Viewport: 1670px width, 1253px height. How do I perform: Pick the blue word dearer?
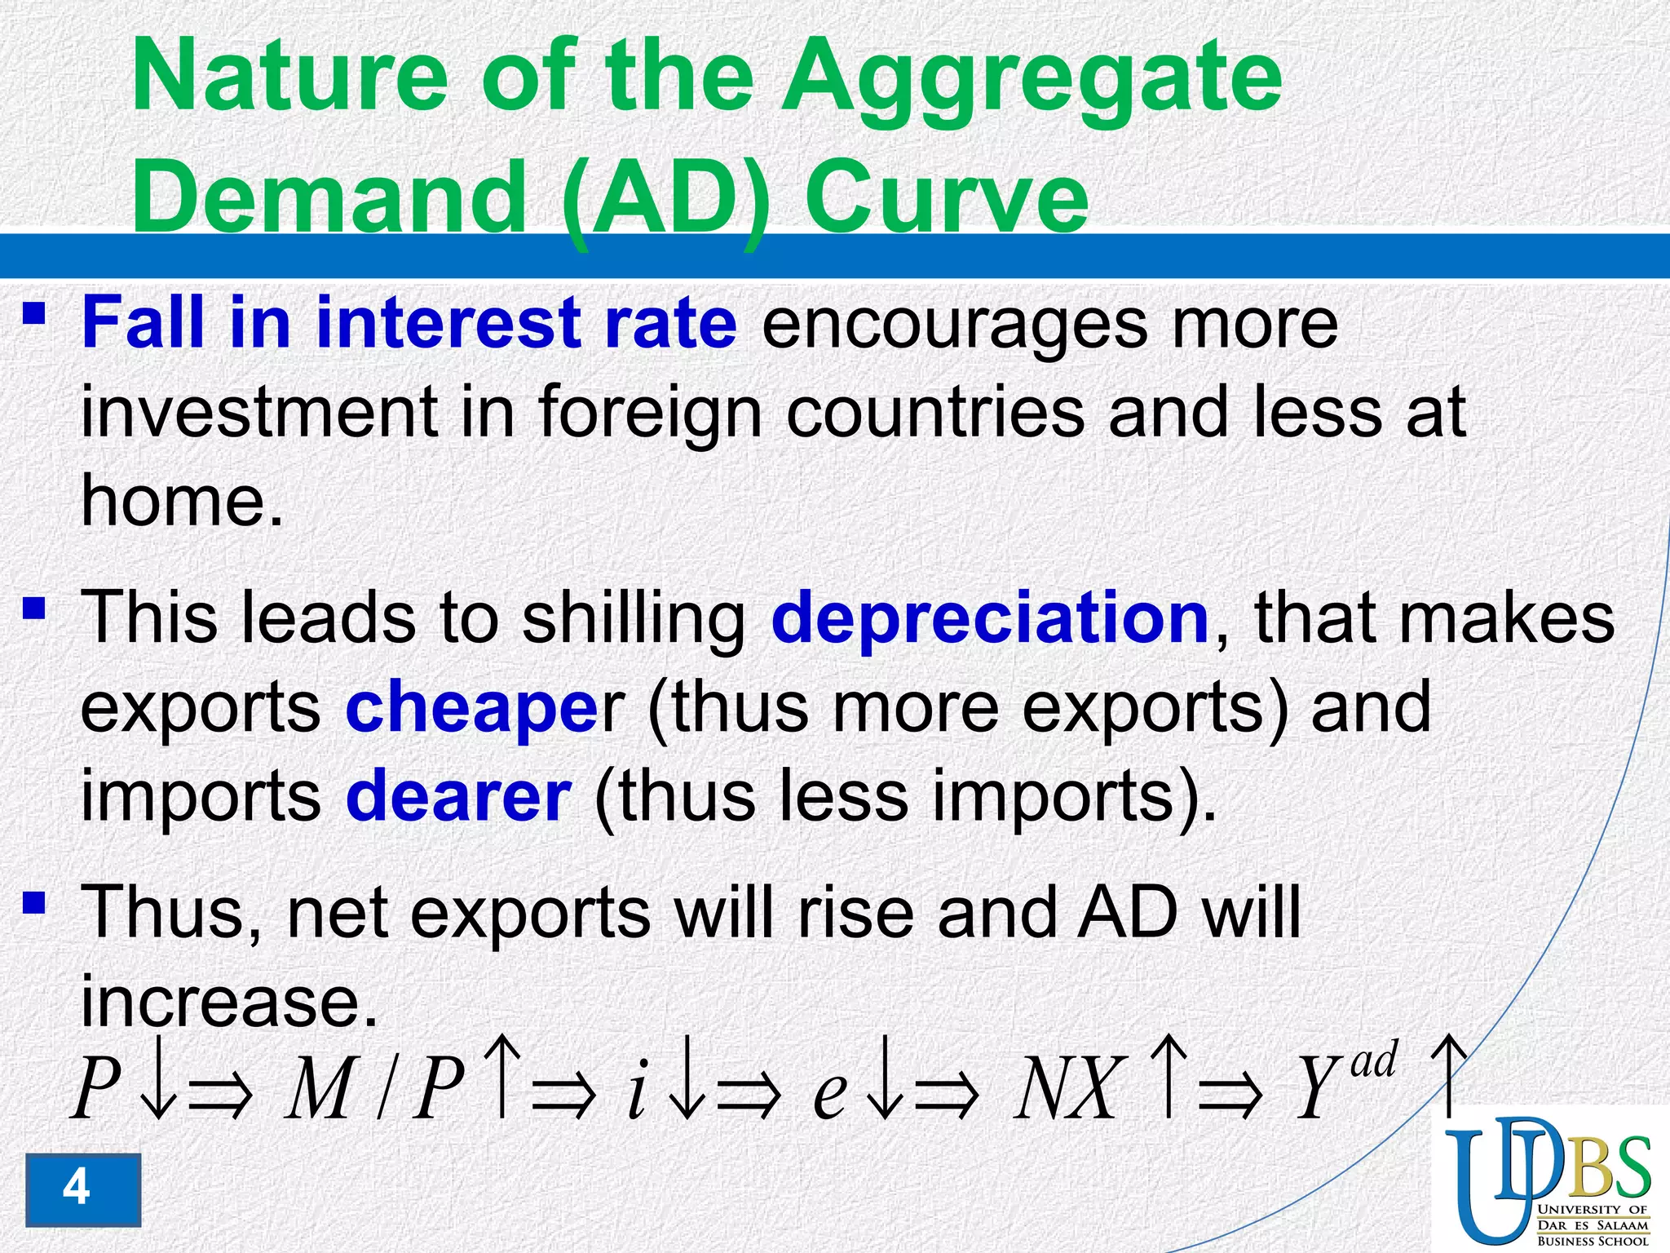pyautogui.click(x=458, y=795)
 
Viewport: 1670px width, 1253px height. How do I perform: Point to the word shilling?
pyautogui.click(x=634, y=618)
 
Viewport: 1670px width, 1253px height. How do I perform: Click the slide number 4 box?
pyautogui.click(x=82, y=1189)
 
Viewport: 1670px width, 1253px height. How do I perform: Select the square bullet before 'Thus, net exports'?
pyautogui.click(x=33, y=903)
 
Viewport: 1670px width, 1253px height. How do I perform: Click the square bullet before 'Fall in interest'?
pyautogui.click(x=33, y=313)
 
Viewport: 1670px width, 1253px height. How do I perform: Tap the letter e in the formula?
pyautogui.click(x=830, y=1093)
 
